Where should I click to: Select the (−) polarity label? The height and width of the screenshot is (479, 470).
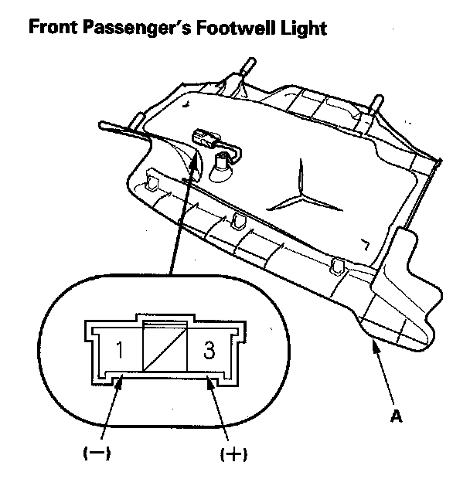click(x=97, y=454)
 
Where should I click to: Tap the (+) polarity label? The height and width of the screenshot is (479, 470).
click(x=233, y=454)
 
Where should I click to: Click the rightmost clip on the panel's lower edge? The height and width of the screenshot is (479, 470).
click(x=336, y=267)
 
